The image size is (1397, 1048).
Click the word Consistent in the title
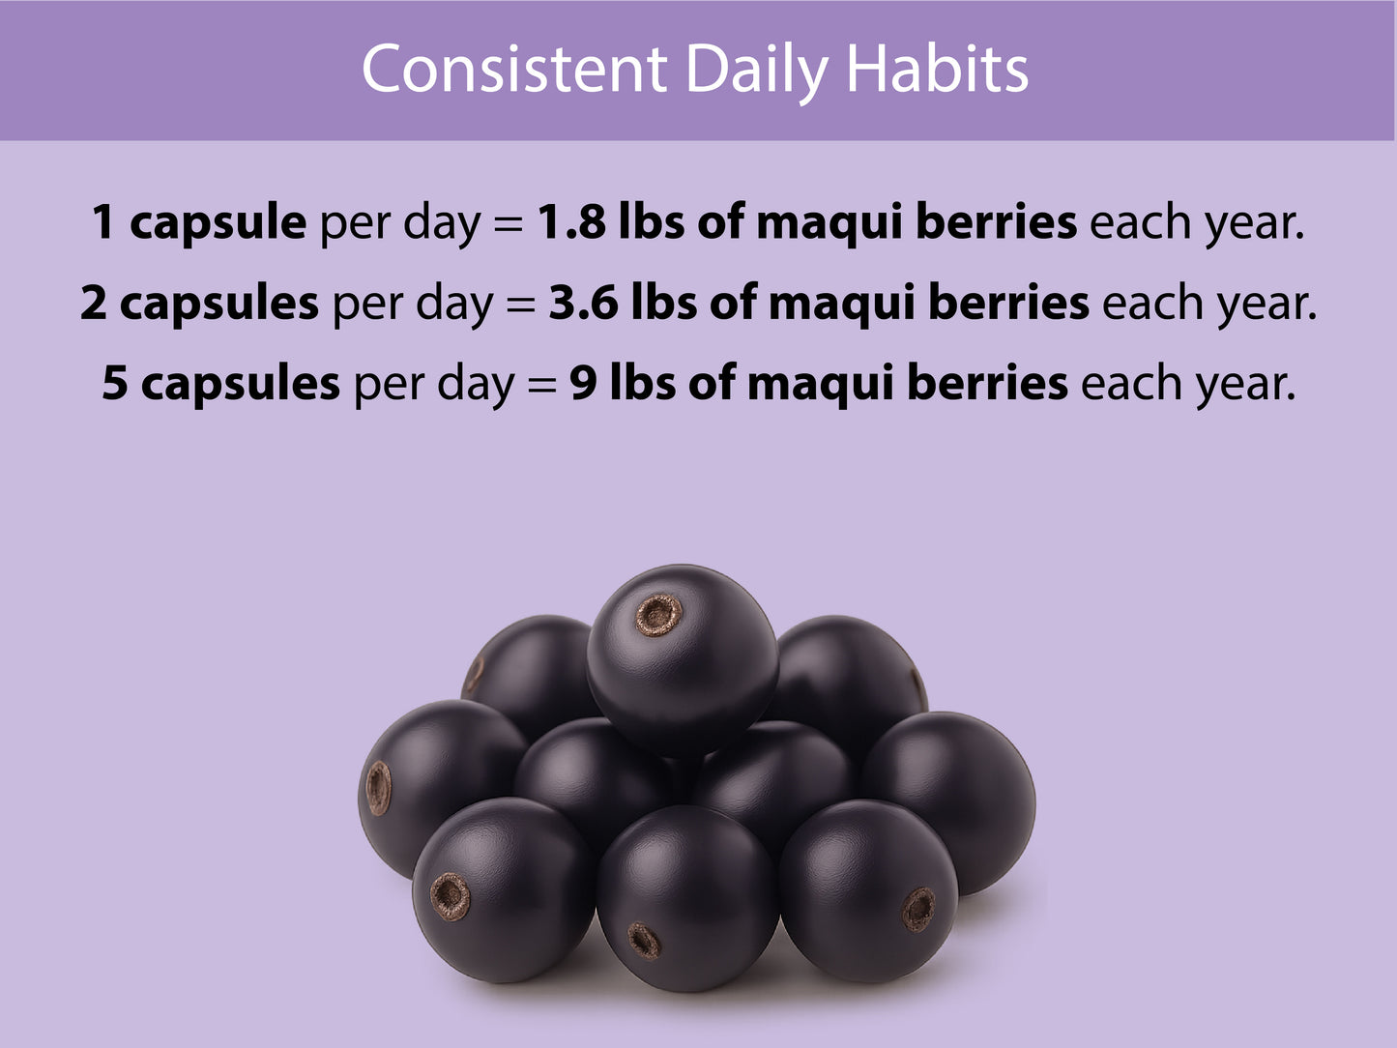pos(514,70)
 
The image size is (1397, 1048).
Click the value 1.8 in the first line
pos(569,222)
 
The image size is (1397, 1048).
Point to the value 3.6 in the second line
pos(581,304)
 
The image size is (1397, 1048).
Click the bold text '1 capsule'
pos(199,223)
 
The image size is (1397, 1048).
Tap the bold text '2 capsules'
pos(199,304)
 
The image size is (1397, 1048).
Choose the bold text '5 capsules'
pos(220,385)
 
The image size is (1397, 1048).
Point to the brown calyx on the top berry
pos(659,614)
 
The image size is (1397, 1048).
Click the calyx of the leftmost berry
pos(378,787)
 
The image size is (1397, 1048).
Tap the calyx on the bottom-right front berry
pos(918,909)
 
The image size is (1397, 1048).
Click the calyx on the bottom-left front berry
pos(451,896)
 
